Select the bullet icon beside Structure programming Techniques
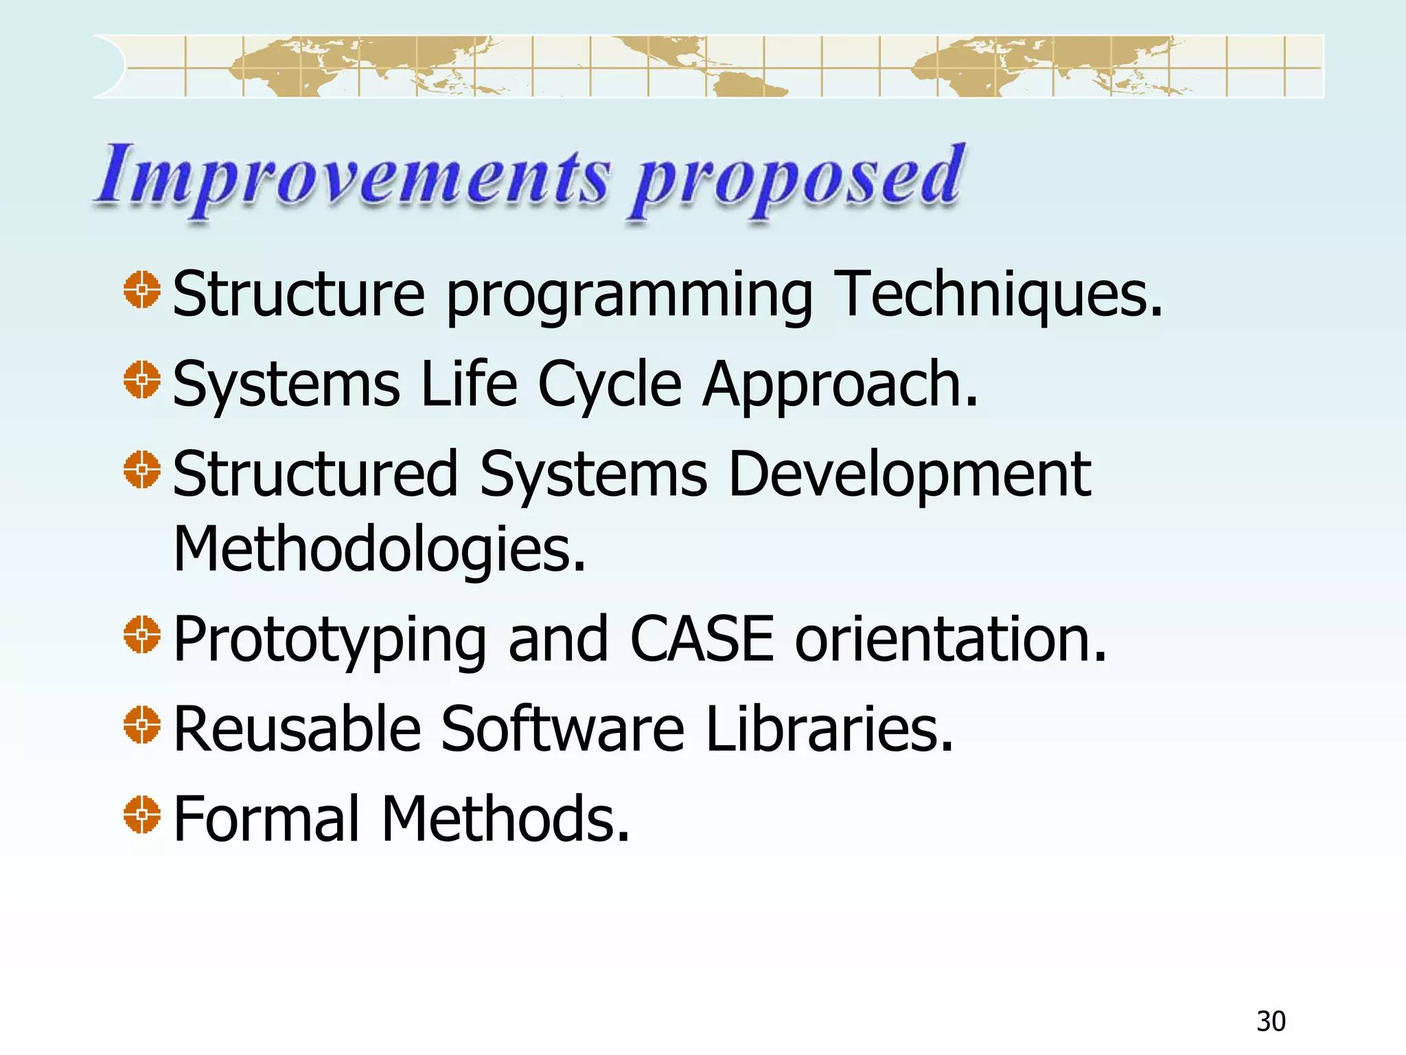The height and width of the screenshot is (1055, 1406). (142, 290)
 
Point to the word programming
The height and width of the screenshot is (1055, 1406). (629, 298)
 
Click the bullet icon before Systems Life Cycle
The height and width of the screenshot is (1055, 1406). (142, 380)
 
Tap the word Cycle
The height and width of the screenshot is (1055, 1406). (609, 386)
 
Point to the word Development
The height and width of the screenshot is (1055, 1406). (909, 476)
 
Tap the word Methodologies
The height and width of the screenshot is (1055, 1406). (380, 549)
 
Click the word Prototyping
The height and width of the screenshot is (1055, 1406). (330, 642)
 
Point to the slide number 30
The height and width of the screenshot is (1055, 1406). (1271, 1021)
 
